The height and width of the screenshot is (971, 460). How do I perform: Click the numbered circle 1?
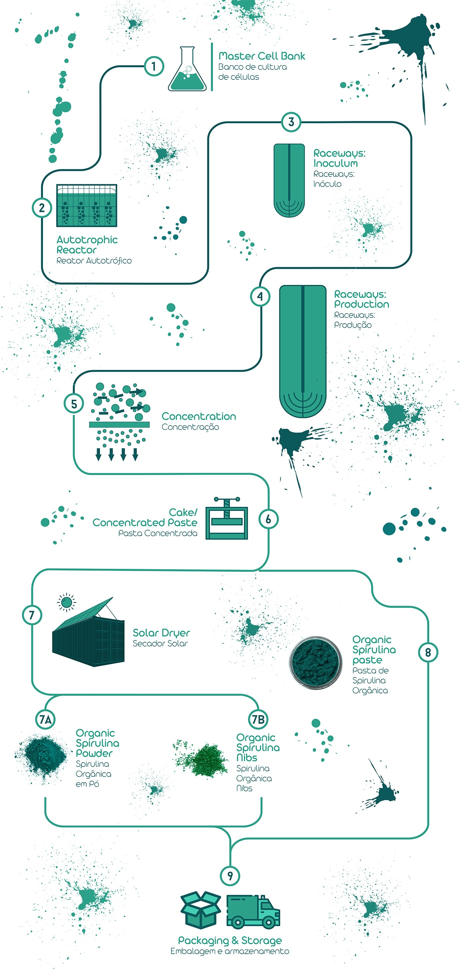pos(154,66)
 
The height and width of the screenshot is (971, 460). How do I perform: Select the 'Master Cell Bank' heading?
pos(262,56)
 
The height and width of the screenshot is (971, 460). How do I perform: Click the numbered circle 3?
pos(291,122)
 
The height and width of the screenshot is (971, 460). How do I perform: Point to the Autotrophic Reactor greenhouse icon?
pos(87,205)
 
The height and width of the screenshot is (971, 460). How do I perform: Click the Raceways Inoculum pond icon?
pos(289,180)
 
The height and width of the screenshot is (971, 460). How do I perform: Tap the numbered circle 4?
pos(260,296)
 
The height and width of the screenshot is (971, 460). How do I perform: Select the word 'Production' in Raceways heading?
pos(361,304)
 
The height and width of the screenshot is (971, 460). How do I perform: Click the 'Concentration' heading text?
pos(199,416)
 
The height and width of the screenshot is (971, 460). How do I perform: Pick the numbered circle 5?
pos(74,403)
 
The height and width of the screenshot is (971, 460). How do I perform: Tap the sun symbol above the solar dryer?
pos(66,602)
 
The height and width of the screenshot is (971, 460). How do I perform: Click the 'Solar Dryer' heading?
pos(161,633)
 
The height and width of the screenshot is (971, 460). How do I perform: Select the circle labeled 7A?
pos(45,719)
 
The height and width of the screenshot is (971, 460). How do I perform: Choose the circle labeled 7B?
pos(258,719)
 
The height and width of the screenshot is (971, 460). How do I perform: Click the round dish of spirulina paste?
pos(315,662)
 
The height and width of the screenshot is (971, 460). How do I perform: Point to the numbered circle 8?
pos(428,652)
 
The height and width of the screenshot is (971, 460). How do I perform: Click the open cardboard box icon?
pos(200,909)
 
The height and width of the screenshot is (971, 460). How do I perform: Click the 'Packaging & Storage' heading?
pos(230,940)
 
